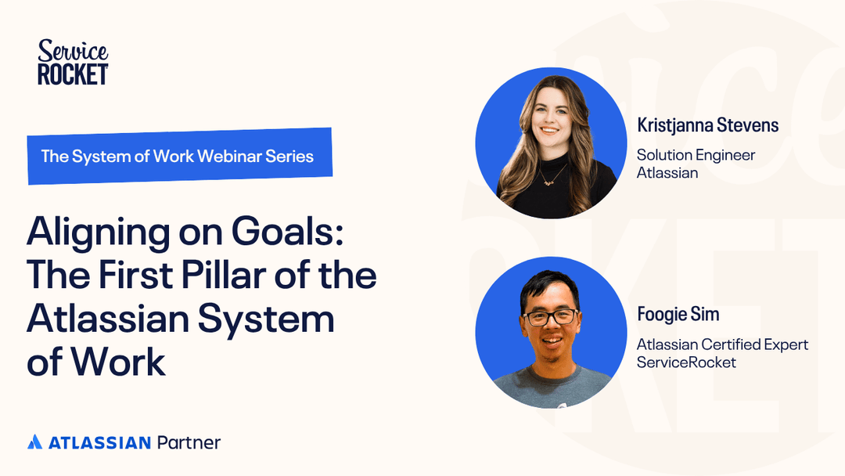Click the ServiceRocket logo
(x=73, y=63)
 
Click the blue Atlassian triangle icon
(x=34, y=442)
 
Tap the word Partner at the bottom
(x=189, y=442)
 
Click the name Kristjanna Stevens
(x=707, y=125)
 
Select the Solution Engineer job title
(x=696, y=155)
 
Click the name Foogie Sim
(x=678, y=315)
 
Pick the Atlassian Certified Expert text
(x=722, y=344)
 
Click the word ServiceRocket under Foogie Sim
(x=686, y=362)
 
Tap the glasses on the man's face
(x=551, y=318)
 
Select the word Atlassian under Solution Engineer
(x=667, y=172)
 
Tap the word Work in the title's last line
(x=117, y=362)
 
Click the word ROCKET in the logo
(x=73, y=74)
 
